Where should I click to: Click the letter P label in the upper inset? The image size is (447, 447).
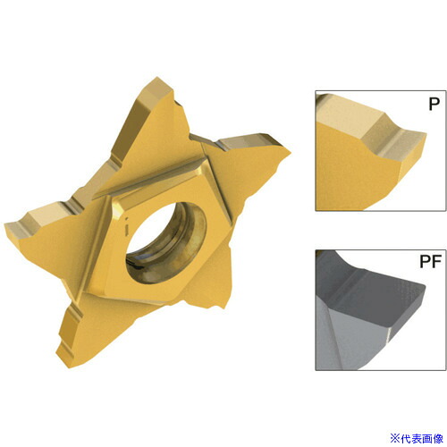[x=434, y=104]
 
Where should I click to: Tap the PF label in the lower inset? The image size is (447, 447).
[x=430, y=261]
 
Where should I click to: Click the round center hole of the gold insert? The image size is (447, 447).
[x=166, y=243]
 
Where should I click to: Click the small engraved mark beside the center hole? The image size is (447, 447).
[x=126, y=228]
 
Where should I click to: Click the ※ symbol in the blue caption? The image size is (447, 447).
[x=395, y=438]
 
